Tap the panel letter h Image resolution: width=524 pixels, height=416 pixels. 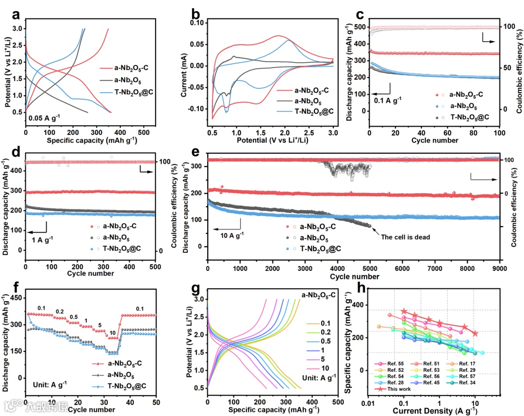(362, 287)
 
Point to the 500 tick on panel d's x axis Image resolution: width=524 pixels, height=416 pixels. (155, 267)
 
